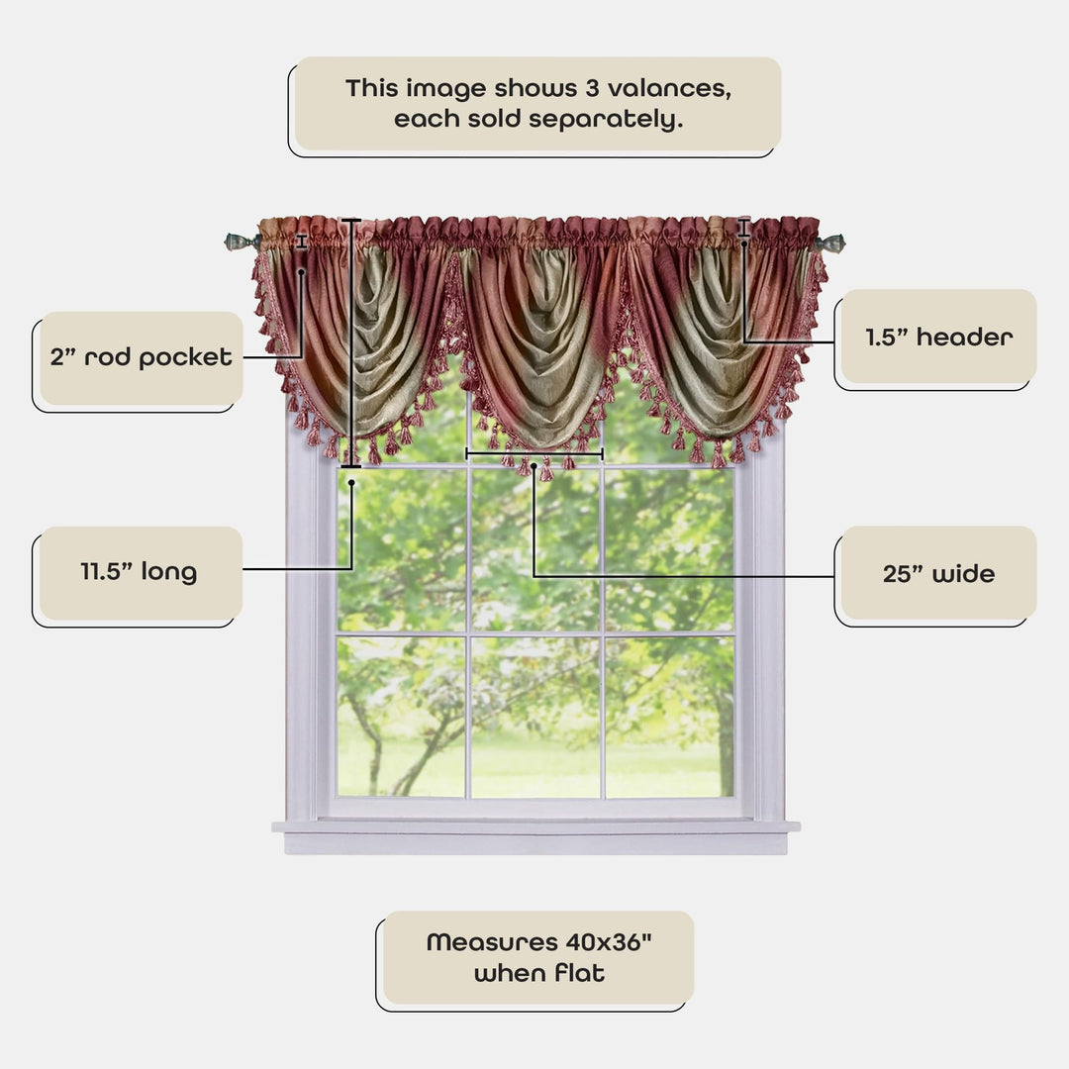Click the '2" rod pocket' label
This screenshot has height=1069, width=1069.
[142, 357]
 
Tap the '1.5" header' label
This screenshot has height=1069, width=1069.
[938, 337]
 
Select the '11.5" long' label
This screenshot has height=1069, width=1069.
[139, 572]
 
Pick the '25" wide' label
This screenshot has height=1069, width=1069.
[938, 574]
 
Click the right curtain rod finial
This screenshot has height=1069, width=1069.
[831, 243]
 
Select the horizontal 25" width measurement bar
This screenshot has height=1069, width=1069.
[534, 454]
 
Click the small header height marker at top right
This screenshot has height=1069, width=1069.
[743, 229]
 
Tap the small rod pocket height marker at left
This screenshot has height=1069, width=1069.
[302, 242]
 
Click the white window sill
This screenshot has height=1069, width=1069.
[535, 827]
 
